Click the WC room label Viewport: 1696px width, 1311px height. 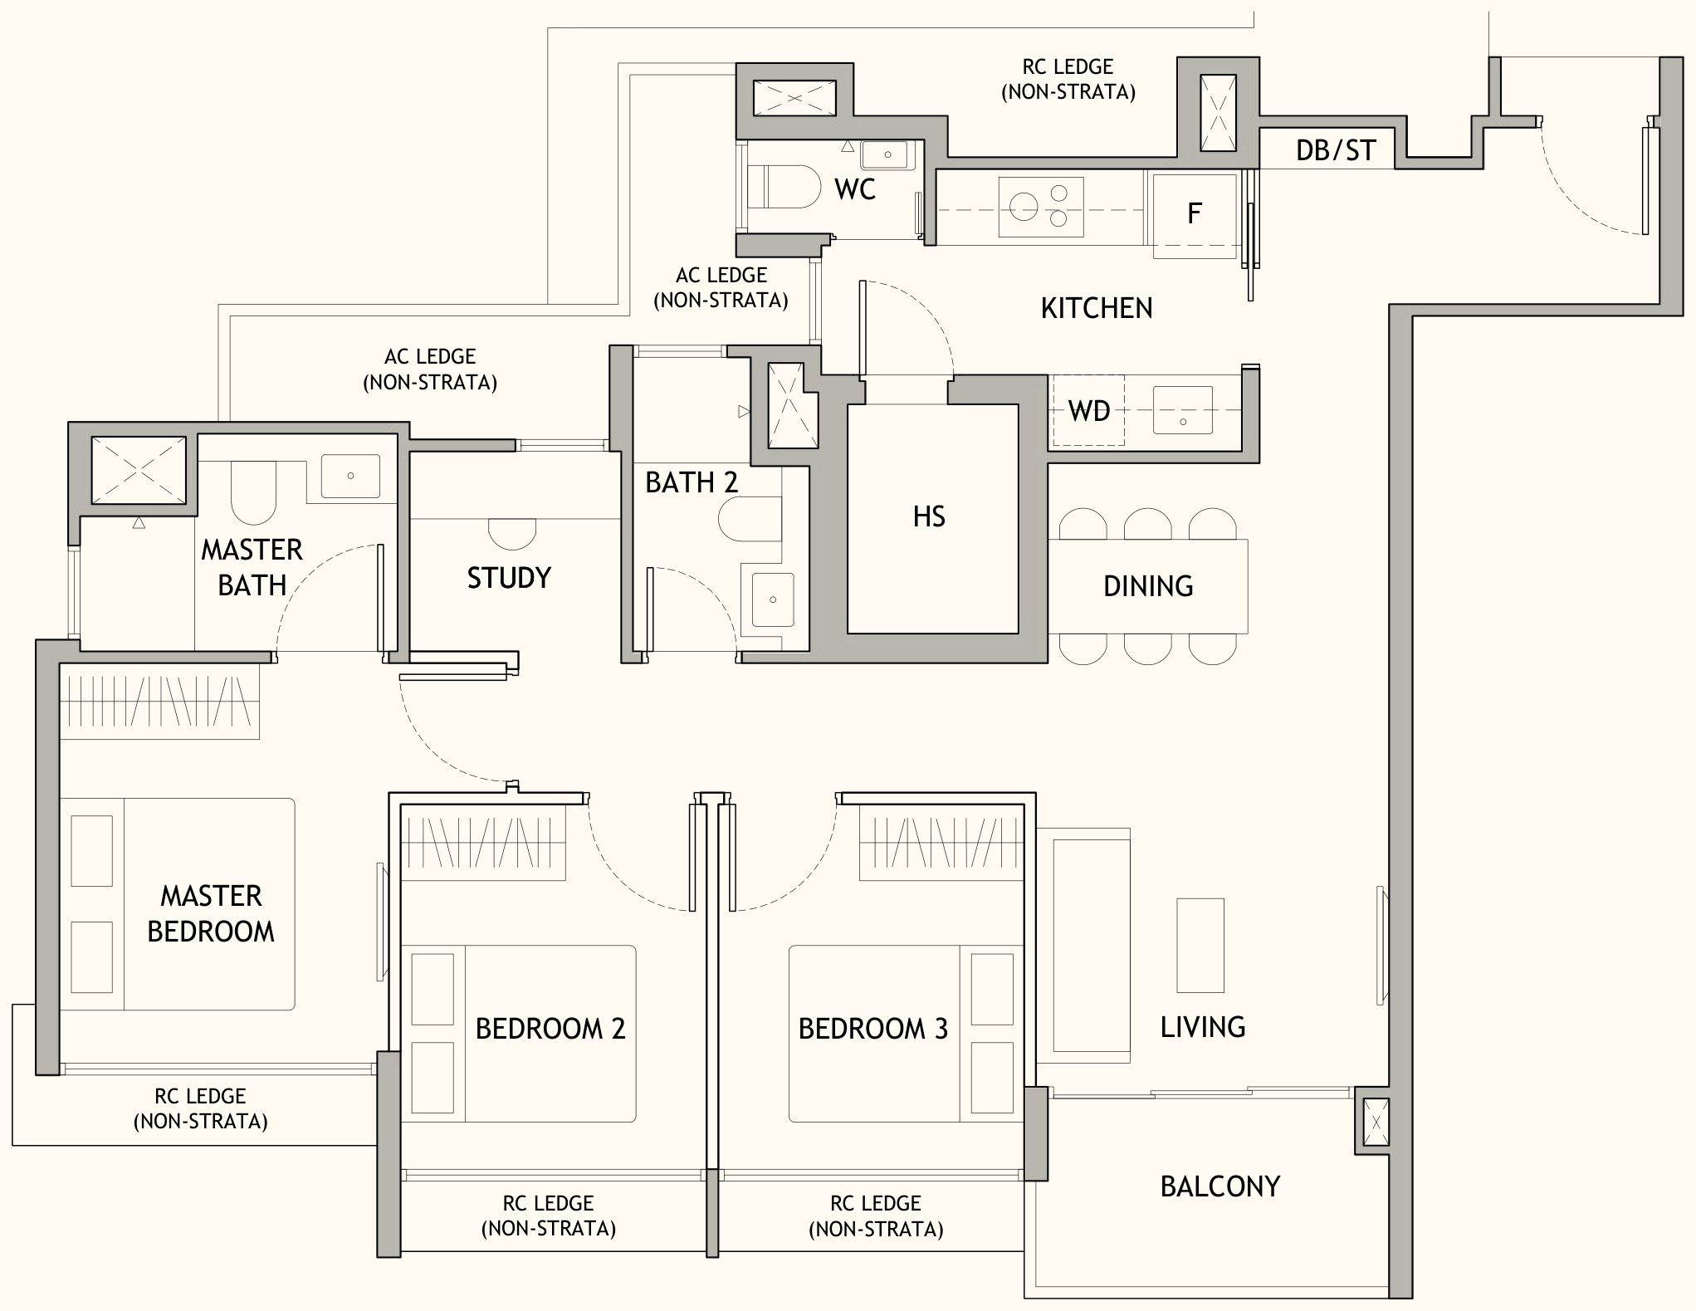(x=855, y=189)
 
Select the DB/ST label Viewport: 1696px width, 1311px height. (x=1336, y=150)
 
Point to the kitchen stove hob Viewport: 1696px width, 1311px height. (x=1041, y=207)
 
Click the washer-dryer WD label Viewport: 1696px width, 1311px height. (x=1089, y=410)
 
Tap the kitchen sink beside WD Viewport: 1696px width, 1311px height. (x=1182, y=409)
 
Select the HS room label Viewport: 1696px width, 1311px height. (x=929, y=516)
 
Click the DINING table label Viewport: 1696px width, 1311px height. (x=1148, y=586)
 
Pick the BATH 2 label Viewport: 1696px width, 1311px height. (x=692, y=482)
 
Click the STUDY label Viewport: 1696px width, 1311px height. (x=509, y=578)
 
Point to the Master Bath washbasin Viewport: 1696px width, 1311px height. (x=350, y=476)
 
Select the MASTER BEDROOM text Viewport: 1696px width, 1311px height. (x=211, y=913)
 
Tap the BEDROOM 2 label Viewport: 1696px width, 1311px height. (x=550, y=1029)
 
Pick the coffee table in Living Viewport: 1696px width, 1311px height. (x=1200, y=946)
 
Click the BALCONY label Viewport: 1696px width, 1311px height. (x=1220, y=1186)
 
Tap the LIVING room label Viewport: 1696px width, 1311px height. (x=1203, y=1027)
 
